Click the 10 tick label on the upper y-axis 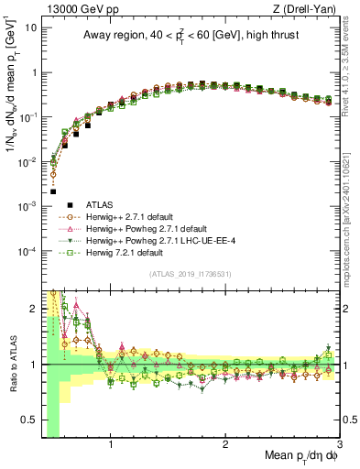[x=30, y=27]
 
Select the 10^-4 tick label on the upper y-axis [x=27, y=251]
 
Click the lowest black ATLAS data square [x=53, y=192]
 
